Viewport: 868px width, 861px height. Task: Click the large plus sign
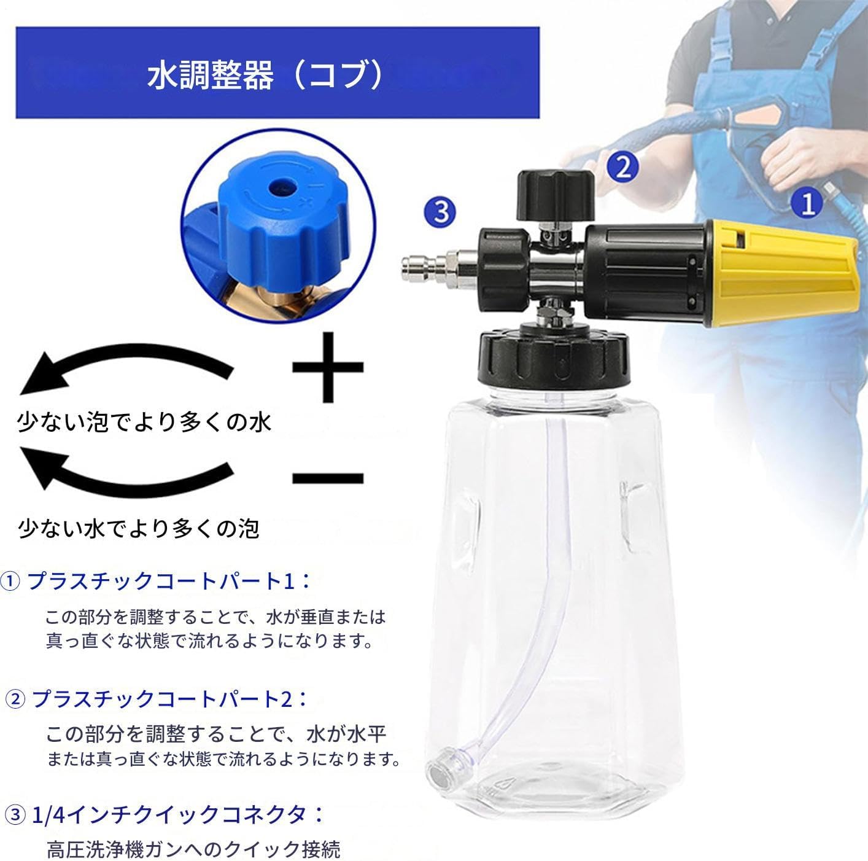pos(327,367)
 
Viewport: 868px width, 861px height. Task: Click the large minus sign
pos(327,478)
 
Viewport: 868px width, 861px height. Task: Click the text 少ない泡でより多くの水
pos(144,423)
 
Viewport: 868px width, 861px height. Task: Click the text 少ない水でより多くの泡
pos(139,528)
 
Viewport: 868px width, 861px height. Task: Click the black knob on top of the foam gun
pos(555,195)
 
